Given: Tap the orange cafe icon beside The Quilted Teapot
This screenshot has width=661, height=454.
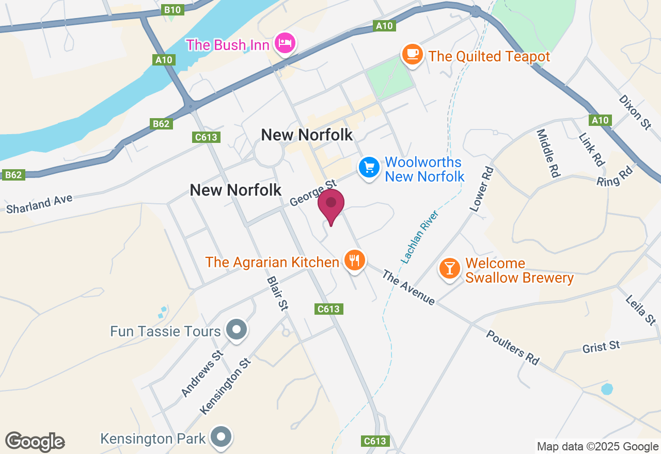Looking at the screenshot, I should click(412, 54).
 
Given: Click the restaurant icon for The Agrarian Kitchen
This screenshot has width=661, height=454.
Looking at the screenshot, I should click(354, 260).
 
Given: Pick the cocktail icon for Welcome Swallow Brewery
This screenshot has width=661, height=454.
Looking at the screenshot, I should click(450, 268).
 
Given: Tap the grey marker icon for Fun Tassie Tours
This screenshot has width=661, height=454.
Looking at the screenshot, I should click(237, 329).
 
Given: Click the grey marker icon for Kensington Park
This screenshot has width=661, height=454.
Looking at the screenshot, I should click(222, 436).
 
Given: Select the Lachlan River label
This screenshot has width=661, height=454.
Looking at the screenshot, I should click(419, 238).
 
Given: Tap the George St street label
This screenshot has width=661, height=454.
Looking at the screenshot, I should click(312, 193).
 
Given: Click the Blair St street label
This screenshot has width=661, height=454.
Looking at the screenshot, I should click(277, 293).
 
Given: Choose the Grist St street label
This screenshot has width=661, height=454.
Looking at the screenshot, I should click(601, 347).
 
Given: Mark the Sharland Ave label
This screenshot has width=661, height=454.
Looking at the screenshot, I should click(39, 204).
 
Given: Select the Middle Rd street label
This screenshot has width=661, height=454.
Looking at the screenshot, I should click(548, 153).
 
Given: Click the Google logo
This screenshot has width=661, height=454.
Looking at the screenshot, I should click(35, 442).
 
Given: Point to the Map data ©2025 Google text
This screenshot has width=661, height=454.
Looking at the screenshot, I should click(597, 447).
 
